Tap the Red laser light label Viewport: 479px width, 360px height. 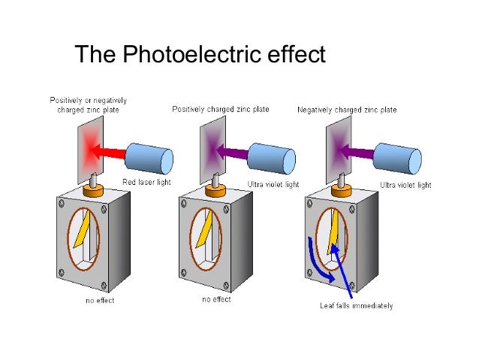(x=146, y=183)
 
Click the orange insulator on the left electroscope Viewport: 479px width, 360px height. (x=92, y=192)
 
